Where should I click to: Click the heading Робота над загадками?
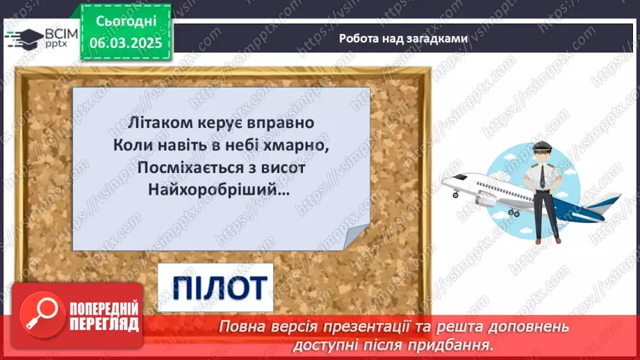pos(403,38)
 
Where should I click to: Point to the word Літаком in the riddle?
pos(155,122)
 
